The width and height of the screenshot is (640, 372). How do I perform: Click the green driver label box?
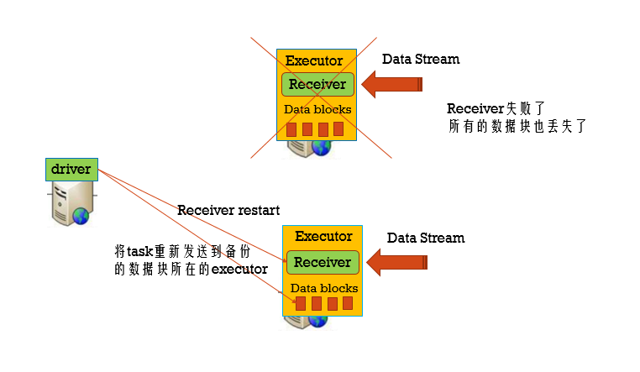point(71,169)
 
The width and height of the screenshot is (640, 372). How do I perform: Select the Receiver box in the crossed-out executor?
point(317,84)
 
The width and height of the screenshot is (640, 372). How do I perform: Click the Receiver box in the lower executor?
point(323,262)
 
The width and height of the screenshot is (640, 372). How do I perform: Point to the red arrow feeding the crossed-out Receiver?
point(393,84)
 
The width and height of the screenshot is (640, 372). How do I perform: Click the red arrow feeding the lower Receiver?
point(398,262)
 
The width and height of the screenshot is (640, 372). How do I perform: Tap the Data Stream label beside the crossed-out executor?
point(421,60)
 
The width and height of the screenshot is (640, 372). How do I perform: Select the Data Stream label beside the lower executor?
point(426,238)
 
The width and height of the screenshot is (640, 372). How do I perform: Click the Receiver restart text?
point(228,210)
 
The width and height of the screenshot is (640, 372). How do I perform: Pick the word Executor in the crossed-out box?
point(314,60)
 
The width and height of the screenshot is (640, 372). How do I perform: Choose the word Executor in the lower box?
point(323,237)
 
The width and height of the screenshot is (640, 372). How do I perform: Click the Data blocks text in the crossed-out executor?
point(317,109)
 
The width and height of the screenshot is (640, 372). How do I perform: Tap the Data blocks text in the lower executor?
point(324,288)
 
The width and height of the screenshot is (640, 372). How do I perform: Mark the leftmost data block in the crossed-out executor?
point(292,129)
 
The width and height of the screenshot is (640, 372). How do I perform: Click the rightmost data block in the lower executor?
point(348,304)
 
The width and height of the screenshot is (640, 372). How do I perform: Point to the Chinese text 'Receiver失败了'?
point(496,108)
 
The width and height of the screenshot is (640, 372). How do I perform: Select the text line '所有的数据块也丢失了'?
point(516,127)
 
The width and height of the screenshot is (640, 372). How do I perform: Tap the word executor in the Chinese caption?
point(239,270)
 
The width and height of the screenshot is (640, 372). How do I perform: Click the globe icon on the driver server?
point(81,214)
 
